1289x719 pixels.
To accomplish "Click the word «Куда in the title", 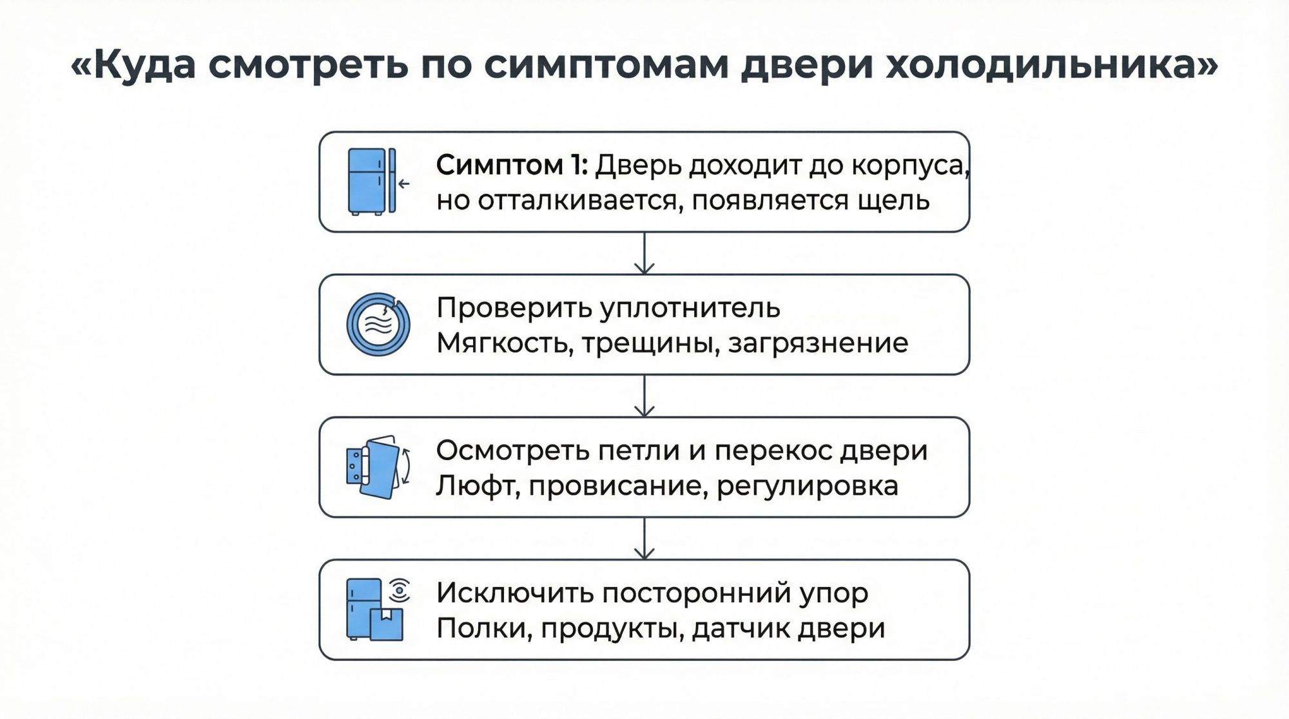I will (x=133, y=65).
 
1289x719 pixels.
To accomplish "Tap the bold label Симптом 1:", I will (x=511, y=166).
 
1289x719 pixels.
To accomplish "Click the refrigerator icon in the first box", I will (x=367, y=181).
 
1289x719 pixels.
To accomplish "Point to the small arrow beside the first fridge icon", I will (x=404, y=184).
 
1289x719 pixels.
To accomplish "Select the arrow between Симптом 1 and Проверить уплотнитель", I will (x=644, y=254).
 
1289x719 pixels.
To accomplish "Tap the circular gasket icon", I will (x=378, y=324).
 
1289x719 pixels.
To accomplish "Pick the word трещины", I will (x=651, y=343).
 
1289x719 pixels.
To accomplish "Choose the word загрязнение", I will (x=818, y=343).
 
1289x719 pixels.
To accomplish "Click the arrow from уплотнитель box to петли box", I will (x=644, y=396).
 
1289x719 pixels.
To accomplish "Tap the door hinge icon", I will (x=378, y=466).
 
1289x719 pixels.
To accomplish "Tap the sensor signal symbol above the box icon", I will (x=399, y=590).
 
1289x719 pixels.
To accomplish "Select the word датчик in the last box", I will (x=741, y=628).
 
